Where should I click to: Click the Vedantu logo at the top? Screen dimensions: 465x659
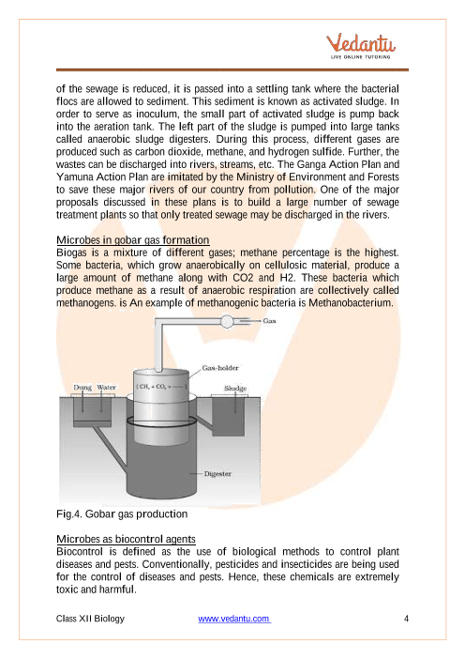click(x=361, y=46)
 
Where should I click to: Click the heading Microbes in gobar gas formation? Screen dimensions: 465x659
click(x=132, y=240)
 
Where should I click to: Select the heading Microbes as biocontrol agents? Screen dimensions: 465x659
click(x=126, y=539)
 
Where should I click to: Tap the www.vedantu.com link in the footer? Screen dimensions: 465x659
click(x=234, y=619)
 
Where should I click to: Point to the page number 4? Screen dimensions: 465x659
click(x=406, y=619)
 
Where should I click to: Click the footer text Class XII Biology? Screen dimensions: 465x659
click(x=90, y=619)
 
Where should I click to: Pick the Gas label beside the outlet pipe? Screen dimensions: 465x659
click(x=269, y=321)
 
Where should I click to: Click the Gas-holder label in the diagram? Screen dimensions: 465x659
click(x=220, y=368)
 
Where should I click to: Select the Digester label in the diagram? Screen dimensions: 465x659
click(x=217, y=474)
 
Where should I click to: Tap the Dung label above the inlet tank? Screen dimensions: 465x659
click(x=82, y=387)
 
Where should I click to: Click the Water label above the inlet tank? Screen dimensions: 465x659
click(x=106, y=387)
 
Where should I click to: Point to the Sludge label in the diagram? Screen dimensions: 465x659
click(x=235, y=389)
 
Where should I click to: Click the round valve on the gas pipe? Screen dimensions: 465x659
click(x=227, y=321)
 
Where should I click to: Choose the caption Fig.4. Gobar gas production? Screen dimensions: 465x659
click(x=122, y=514)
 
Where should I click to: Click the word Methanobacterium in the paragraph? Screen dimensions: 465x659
click(x=351, y=303)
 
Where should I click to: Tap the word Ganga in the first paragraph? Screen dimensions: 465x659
click(x=311, y=164)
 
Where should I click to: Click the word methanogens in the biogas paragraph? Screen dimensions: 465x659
click(x=81, y=303)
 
